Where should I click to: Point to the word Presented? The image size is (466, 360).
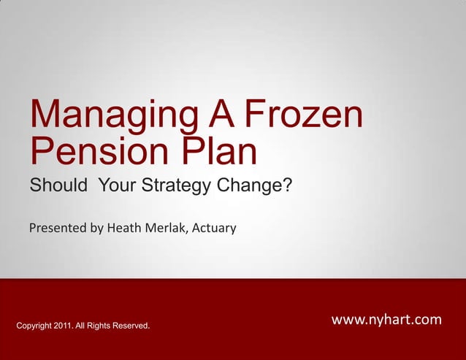58,229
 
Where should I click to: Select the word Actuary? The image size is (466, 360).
214,229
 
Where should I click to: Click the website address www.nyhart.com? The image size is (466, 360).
386,320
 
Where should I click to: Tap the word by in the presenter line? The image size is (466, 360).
97,229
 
